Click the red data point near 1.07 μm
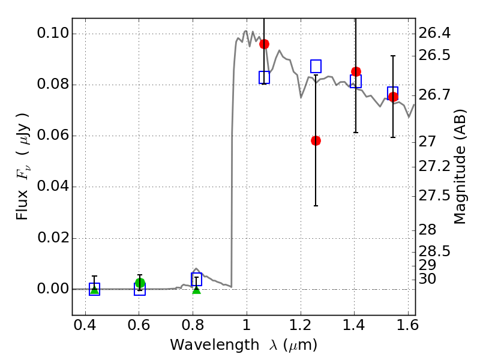[264, 44]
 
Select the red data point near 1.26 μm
[316, 140]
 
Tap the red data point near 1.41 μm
[356, 71]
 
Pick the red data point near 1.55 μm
[393, 97]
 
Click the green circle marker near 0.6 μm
[140, 283]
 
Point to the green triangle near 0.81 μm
[196, 289]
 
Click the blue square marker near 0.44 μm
[94, 289]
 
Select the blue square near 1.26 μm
[316, 66]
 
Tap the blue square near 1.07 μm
[264, 77]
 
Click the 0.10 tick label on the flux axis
[52, 34]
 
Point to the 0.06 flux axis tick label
[52, 136]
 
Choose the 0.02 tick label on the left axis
[52, 238]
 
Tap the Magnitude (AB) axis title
[460, 169]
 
